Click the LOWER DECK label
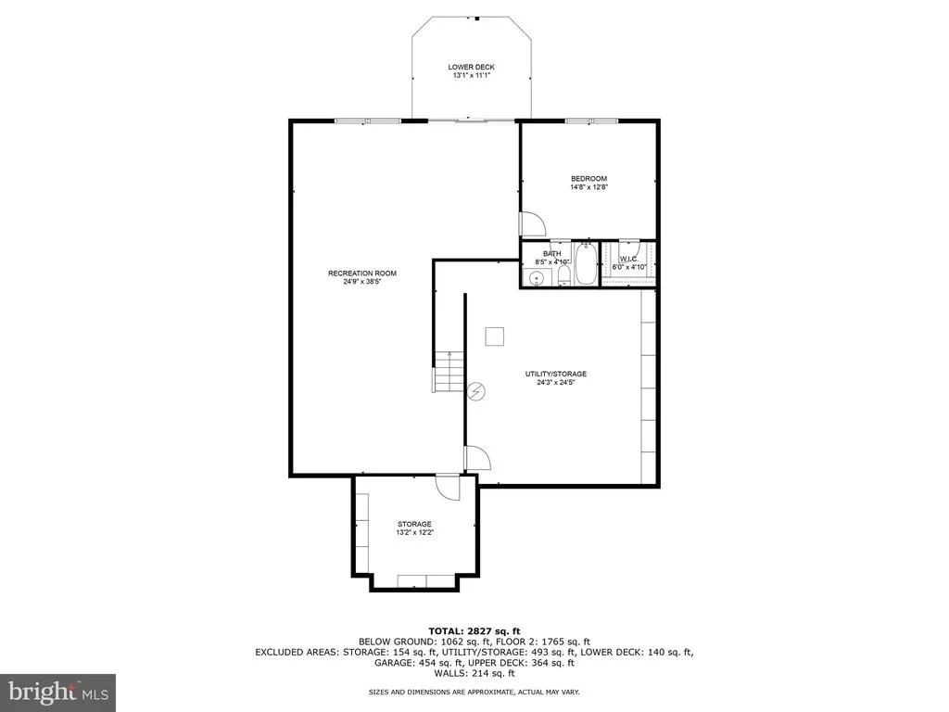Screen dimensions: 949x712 tap(471, 67)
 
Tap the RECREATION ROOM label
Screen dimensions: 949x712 tap(362, 273)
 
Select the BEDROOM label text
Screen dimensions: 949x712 tap(588, 179)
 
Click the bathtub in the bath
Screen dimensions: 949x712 tap(586, 263)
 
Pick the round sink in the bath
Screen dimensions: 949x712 tap(537, 278)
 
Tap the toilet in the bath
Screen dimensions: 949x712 tap(563, 276)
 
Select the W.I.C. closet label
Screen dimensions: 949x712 tap(629, 259)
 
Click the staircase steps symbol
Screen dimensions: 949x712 tap(449, 371)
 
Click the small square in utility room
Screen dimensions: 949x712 tap(495, 336)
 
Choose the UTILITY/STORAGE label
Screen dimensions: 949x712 tap(556, 374)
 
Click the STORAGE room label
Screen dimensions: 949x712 tap(414, 524)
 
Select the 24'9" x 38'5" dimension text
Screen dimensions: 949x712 tap(362, 282)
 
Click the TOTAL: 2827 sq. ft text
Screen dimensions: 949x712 tap(474, 631)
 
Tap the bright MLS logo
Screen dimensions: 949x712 tap(58, 692)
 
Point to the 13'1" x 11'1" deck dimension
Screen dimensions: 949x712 tap(471, 76)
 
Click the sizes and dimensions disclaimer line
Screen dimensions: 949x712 tap(474, 692)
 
